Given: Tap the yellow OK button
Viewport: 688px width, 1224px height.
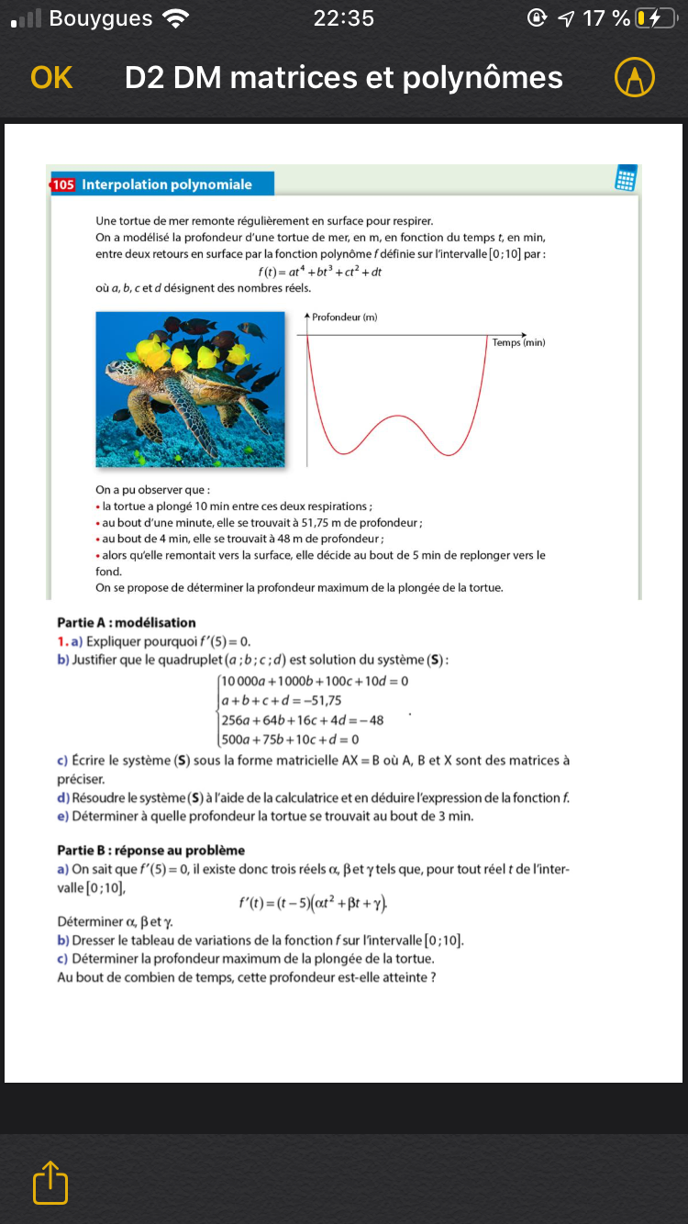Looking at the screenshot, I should pyautogui.click(x=51, y=78).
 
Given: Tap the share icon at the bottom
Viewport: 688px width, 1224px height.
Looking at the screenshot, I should pyautogui.click(x=50, y=1183).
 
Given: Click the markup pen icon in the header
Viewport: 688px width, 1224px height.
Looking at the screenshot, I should pyautogui.click(x=634, y=78).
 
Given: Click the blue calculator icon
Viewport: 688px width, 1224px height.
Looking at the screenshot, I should pyautogui.click(x=627, y=178).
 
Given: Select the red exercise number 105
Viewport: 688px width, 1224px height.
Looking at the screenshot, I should pyautogui.click(x=62, y=184).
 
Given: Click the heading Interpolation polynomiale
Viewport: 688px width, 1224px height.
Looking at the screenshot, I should pyautogui.click(x=167, y=184).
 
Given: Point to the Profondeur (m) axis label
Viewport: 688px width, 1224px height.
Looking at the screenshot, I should pyautogui.click(x=344, y=317).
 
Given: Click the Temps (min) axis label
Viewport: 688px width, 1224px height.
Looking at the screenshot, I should pyautogui.click(x=518, y=342).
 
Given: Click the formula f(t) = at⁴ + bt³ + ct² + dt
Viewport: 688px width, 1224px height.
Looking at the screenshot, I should pyautogui.click(x=320, y=272).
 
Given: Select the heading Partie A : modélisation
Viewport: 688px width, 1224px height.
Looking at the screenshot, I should pyautogui.click(x=127, y=622).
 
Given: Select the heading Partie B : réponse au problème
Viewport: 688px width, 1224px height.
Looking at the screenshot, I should pyautogui.click(x=150, y=850).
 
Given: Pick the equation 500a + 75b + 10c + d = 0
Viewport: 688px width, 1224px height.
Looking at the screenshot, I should pyautogui.click(x=290, y=739).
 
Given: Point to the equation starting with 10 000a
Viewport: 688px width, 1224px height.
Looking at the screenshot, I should pyautogui.click(x=315, y=681).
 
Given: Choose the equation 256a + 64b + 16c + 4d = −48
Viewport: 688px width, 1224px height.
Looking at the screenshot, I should pyautogui.click(x=303, y=719).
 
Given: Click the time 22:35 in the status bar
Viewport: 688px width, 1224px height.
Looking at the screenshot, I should pyautogui.click(x=344, y=17).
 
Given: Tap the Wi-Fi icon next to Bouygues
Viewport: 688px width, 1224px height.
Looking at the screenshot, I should pyautogui.click(x=174, y=17).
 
